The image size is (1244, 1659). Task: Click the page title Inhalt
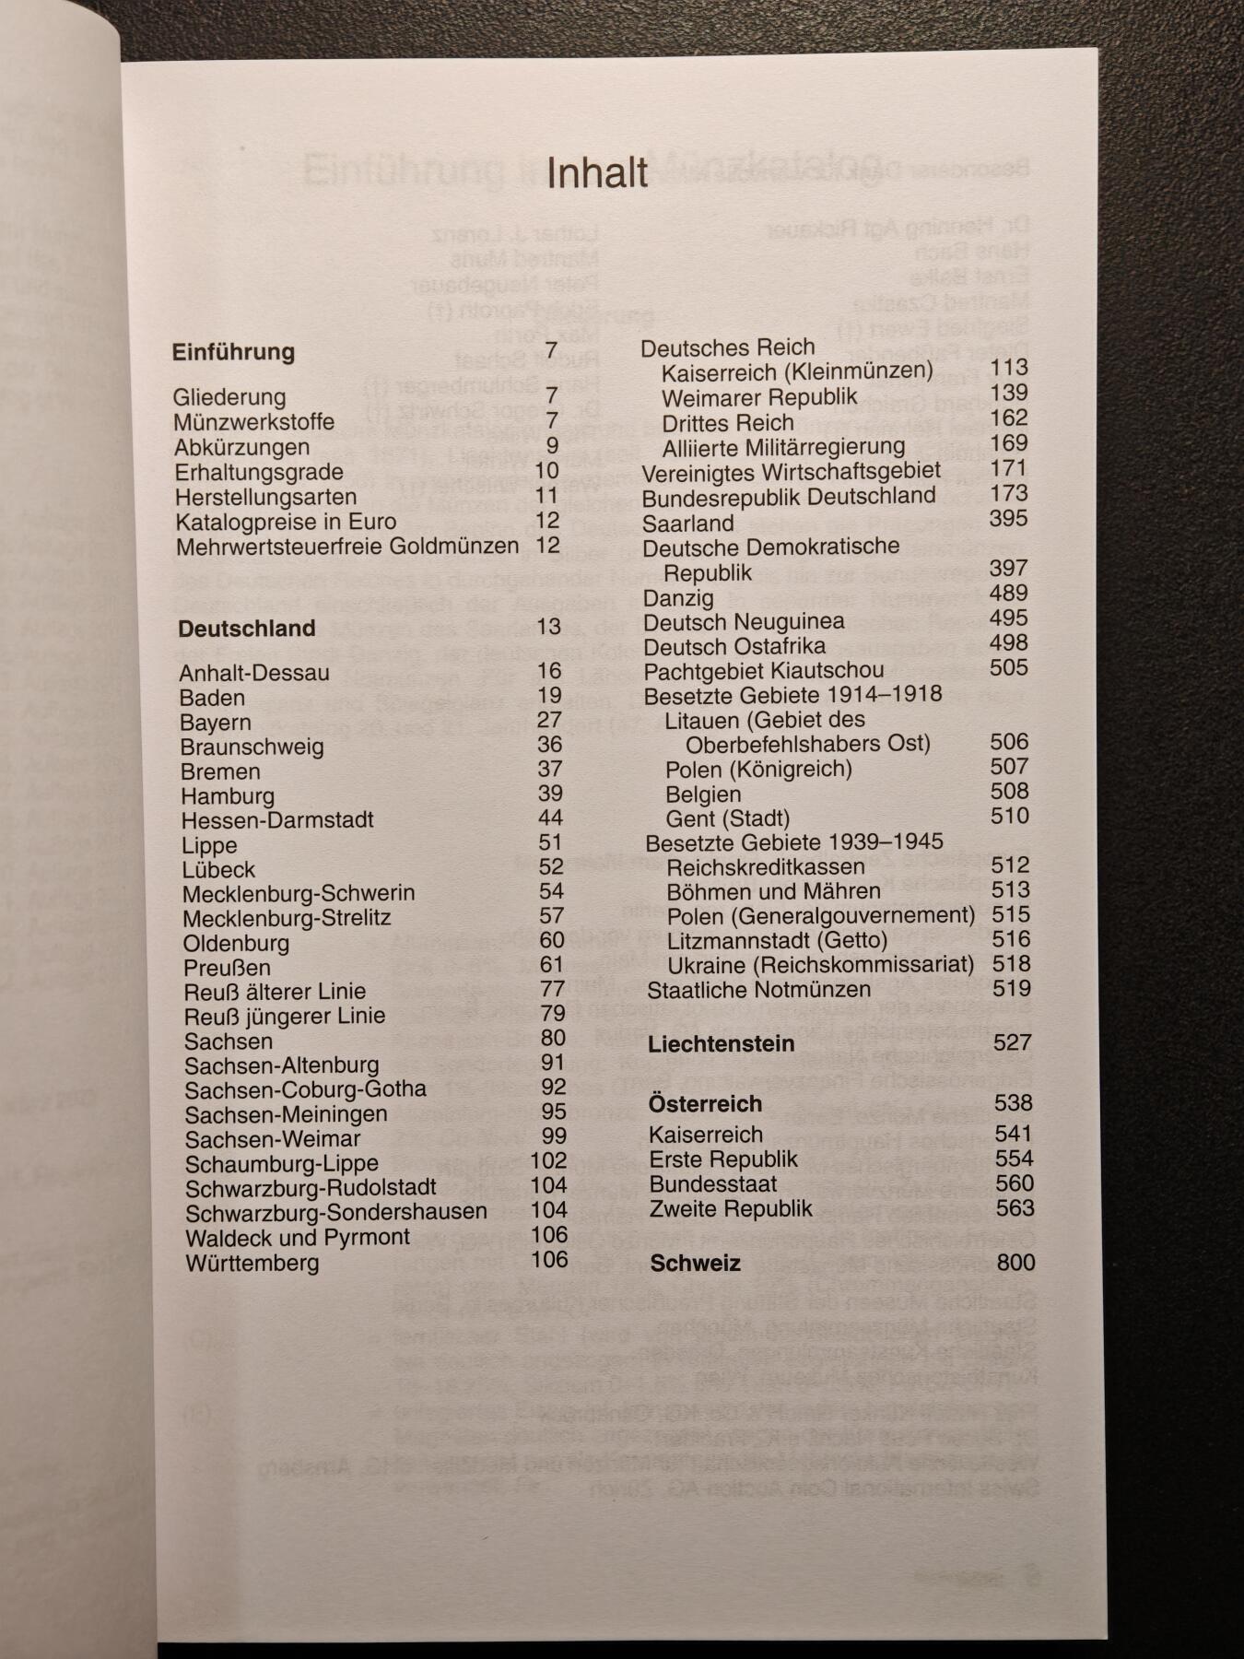click(x=597, y=173)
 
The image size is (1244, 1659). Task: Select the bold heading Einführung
click(x=233, y=352)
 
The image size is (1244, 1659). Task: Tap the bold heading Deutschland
click(x=246, y=629)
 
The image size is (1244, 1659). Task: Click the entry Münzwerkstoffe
click(x=253, y=422)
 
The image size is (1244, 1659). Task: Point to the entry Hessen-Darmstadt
click(x=277, y=820)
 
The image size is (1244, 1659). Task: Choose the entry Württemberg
click(x=252, y=1263)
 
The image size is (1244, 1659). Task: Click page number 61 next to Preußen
click(x=552, y=965)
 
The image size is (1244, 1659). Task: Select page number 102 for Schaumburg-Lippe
click(x=549, y=1161)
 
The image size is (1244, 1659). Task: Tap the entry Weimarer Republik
click(x=759, y=397)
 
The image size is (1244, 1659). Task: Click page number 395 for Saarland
click(x=1008, y=519)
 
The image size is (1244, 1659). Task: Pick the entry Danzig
click(x=678, y=598)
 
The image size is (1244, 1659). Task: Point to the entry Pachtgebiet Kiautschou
click(x=764, y=670)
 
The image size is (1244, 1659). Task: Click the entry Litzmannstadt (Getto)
click(x=777, y=941)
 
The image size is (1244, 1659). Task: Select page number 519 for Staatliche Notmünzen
click(x=1012, y=989)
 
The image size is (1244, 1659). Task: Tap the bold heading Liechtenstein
click(x=721, y=1044)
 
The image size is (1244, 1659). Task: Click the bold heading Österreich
click(x=705, y=1104)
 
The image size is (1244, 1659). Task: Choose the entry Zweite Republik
click(x=731, y=1208)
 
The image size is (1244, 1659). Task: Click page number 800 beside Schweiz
click(x=1015, y=1263)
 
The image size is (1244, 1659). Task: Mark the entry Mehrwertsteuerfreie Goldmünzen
click(x=347, y=547)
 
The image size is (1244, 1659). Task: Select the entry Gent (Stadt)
click(x=728, y=818)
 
